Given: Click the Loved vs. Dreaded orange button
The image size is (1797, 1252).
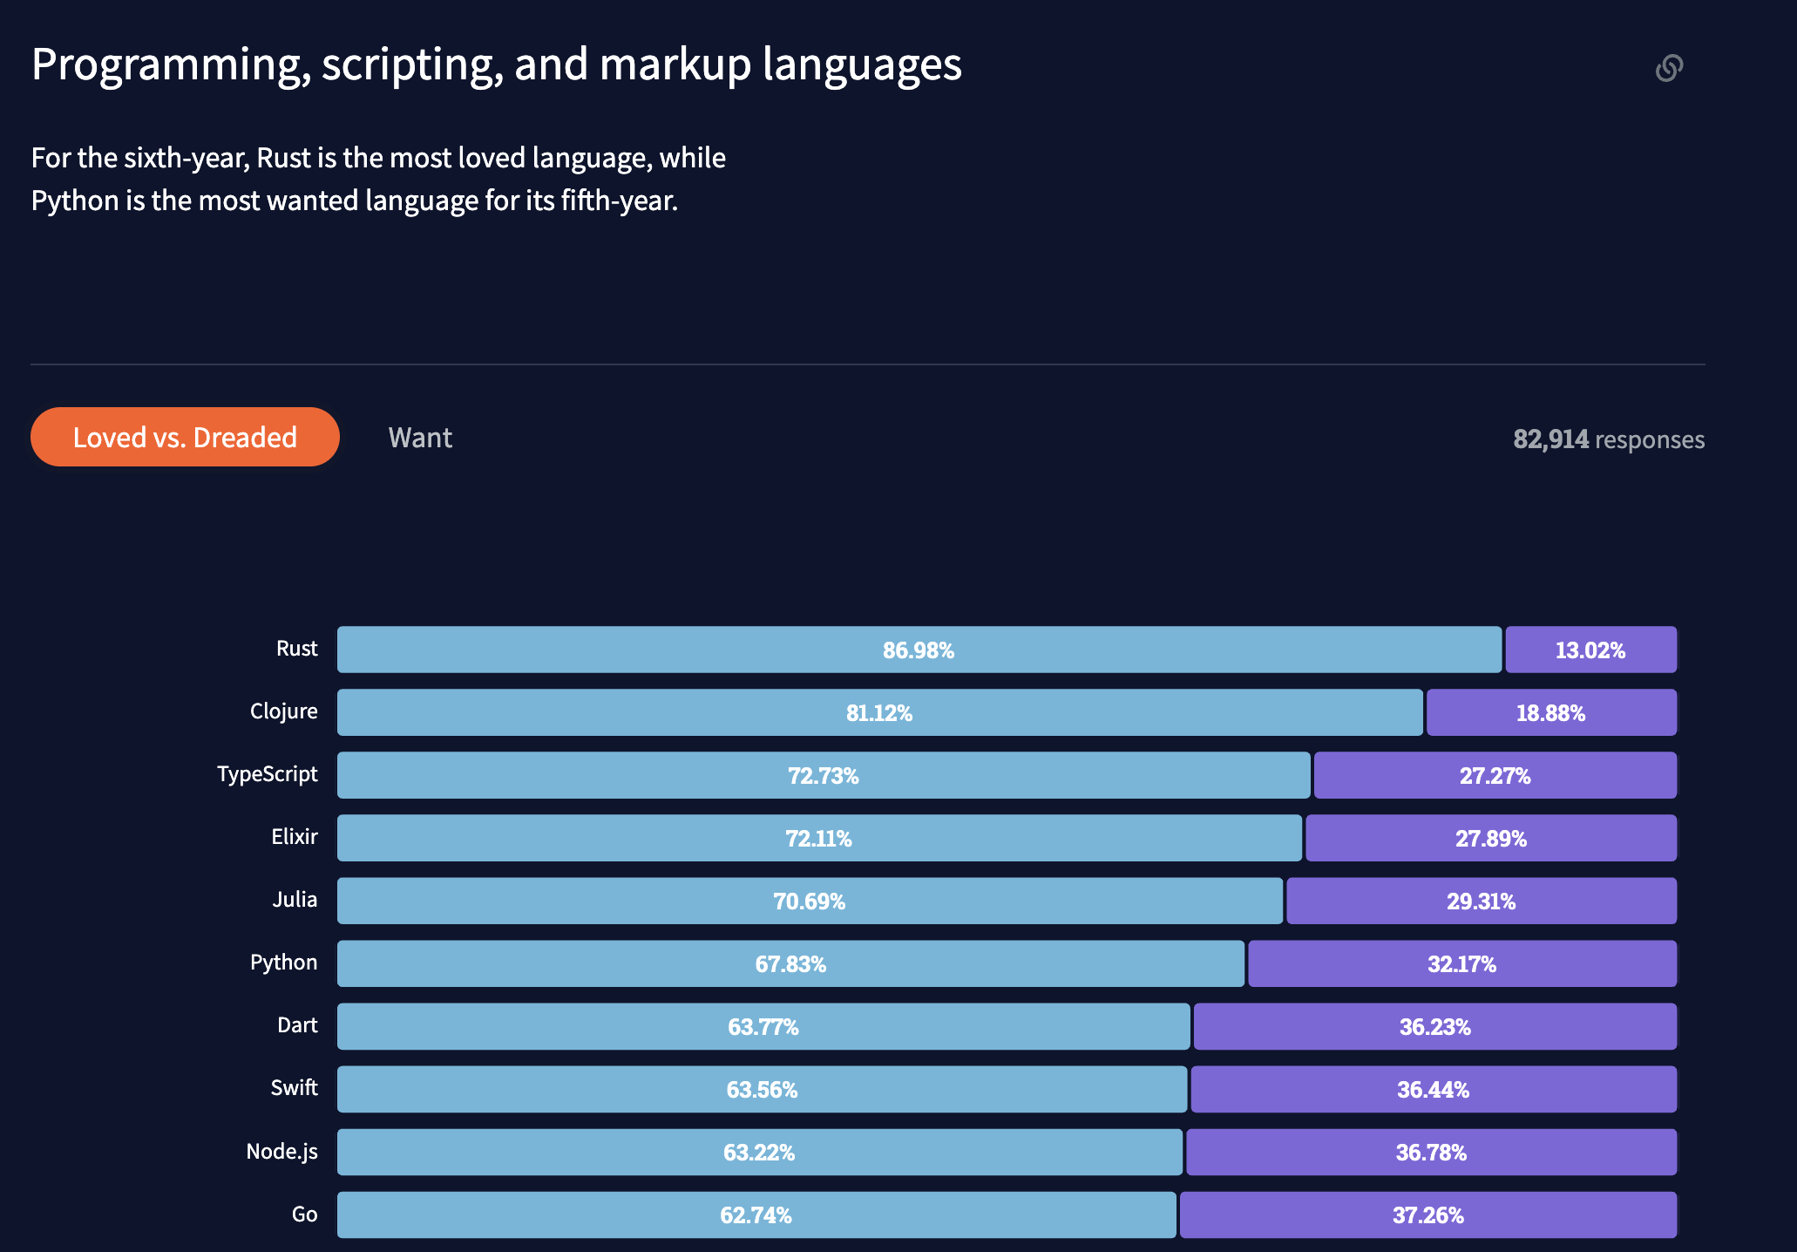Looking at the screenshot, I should [185, 437].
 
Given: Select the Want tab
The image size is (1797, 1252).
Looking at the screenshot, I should [420, 438].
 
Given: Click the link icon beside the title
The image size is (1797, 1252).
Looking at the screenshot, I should [1668, 68].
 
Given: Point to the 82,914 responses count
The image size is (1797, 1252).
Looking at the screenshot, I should [1608, 439].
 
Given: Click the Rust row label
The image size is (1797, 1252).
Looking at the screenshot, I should [296, 649].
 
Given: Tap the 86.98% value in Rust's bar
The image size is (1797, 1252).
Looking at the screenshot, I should [919, 650].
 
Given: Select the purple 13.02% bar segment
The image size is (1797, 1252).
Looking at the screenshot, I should [1590, 650].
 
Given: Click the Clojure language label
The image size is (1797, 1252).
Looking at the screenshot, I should [283, 711].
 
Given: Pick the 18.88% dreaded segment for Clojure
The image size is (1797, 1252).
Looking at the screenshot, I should [1550, 713].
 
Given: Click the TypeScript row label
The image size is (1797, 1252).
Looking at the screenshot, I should [267, 774].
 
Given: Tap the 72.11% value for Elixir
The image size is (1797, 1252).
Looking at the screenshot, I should [818, 839].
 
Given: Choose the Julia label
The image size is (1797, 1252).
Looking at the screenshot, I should [295, 900].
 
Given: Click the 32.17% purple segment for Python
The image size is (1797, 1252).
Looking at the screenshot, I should [1461, 964].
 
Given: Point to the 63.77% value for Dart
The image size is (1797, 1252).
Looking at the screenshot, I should [763, 1027].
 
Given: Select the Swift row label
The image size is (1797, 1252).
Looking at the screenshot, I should [294, 1088].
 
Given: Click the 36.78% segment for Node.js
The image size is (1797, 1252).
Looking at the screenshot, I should [1431, 1153].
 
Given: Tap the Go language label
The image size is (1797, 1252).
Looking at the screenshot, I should [304, 1215].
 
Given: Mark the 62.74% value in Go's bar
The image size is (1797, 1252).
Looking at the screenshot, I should [756, 1215].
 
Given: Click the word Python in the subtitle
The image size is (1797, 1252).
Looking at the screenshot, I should [75, 201].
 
